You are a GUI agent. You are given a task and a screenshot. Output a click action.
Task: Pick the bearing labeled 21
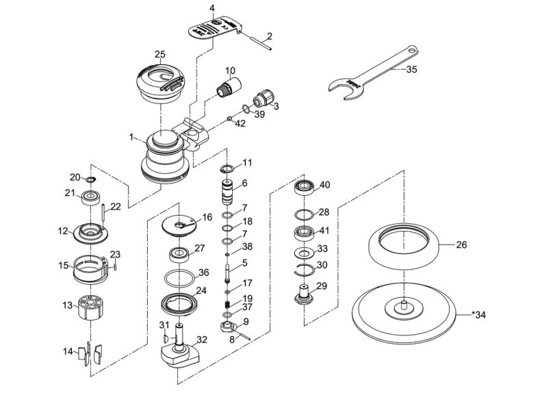click(88, 198)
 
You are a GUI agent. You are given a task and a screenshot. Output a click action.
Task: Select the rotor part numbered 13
click(90, 304)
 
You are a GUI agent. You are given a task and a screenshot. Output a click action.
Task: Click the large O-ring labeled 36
click(181, 279)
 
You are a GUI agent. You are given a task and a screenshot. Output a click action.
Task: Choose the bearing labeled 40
click(303, 187)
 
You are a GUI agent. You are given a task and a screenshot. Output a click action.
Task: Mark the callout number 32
click(201, 338)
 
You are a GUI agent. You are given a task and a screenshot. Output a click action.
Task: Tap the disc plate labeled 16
click(180, 223)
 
